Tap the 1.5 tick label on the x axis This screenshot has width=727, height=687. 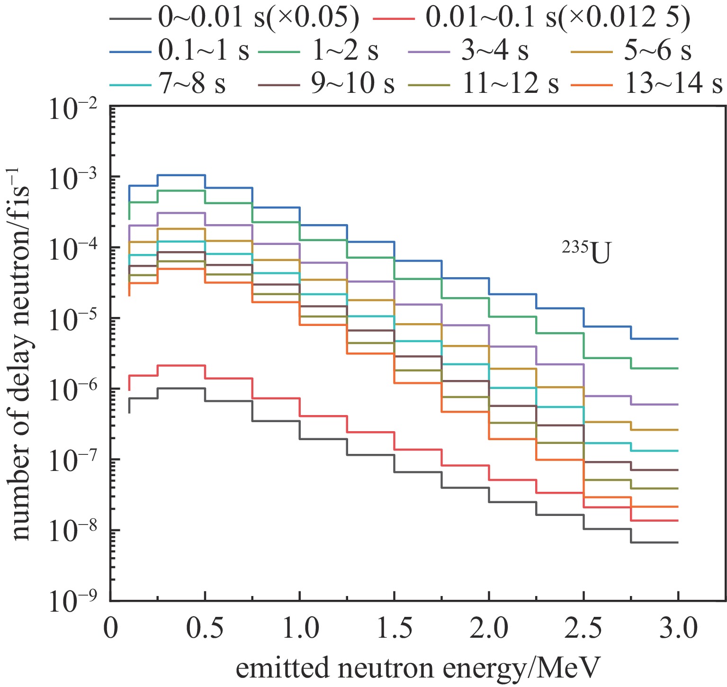394,630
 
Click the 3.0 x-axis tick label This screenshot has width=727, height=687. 678,630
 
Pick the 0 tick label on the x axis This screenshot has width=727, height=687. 110,630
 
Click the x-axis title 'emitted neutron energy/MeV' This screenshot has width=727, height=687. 418,669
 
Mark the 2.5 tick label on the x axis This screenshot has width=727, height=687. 583,630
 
